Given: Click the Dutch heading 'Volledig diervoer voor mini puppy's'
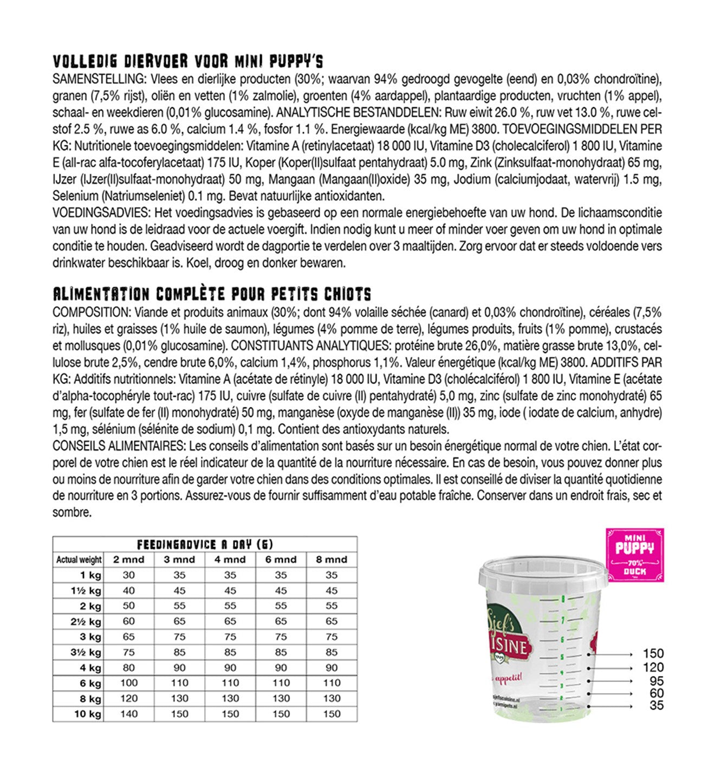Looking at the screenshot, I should [188, 61].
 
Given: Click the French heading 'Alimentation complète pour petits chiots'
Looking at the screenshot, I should [212, 294].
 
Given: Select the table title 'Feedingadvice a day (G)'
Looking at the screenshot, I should [205, 544].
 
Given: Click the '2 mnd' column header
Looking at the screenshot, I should [128, 560].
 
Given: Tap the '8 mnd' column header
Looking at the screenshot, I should [332, 560].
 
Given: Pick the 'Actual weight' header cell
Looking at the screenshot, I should [79, 560].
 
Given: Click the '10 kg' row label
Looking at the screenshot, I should [88, 714].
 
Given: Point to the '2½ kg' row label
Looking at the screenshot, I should [86, 621].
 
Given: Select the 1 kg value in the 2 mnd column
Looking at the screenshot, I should [128, 575].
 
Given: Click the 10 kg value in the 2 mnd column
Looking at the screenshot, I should [128, 714].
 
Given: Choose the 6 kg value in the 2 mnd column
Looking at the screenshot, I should [128, 683].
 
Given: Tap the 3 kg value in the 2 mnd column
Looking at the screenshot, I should [128, 637].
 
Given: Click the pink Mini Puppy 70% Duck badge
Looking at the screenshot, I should [634, 555].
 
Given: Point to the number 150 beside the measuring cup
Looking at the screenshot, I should [653, 654].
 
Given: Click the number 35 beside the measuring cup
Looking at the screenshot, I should [657, 706].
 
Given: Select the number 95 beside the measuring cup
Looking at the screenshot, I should [657, 681].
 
